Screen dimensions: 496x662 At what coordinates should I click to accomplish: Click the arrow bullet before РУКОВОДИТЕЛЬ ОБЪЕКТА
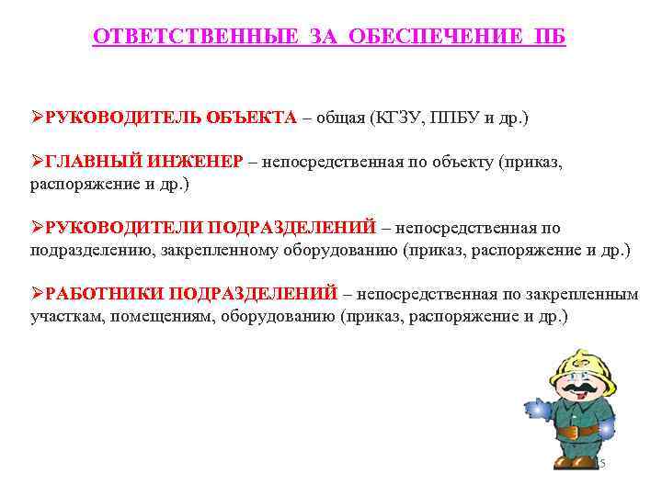point(37,118)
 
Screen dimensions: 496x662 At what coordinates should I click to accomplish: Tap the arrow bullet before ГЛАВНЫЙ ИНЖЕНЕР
point(37,162)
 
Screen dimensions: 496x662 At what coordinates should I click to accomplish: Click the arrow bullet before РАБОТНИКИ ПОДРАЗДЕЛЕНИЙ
point(37,294)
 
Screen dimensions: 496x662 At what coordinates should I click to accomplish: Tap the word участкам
point(66,316)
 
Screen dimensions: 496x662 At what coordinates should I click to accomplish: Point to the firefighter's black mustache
point(575,393)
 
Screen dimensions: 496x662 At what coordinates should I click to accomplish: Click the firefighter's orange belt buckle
point(567,431)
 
